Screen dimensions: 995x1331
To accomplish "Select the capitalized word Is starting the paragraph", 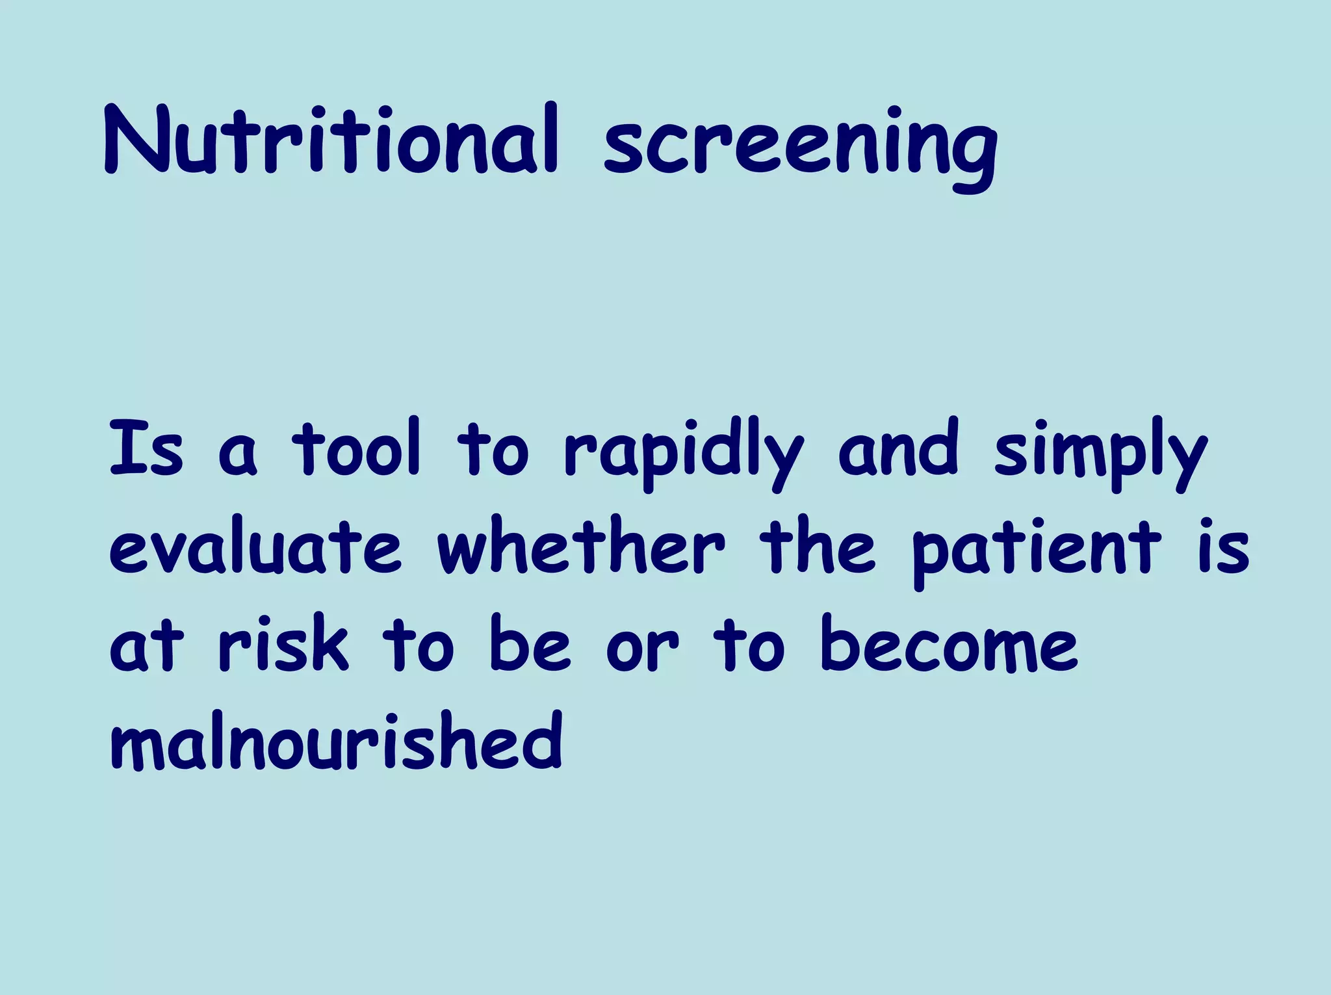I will coord(146,448).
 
